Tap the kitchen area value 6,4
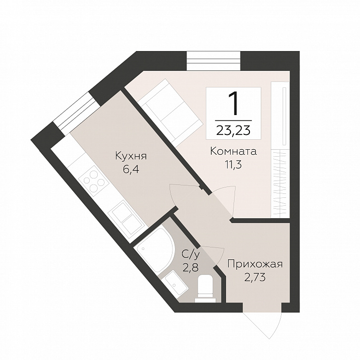click(x=131, y=170)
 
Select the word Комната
click(x=233, y=152)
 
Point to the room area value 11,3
click(x=233, y=165)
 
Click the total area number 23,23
click(x=233, y=130)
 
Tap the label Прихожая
click(x=255, y=264)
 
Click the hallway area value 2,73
click(x=255, y=277)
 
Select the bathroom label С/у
click(x=191, y=254)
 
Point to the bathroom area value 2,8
click(x=190, y=267)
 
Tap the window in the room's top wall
click(x=214, y=60)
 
